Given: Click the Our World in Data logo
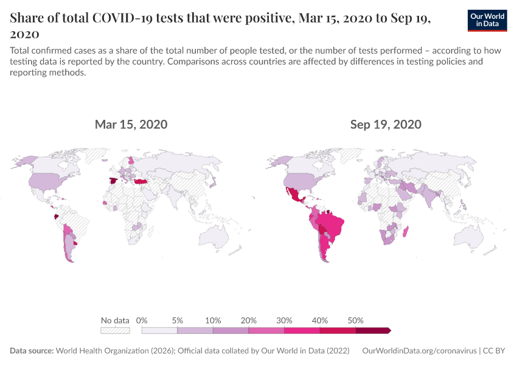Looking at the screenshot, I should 488,20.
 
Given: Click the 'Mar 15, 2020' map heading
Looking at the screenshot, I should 131,125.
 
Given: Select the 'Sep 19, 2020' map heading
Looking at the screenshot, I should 386,125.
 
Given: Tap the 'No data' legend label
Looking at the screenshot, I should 115,321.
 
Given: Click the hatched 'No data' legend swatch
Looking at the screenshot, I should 115,330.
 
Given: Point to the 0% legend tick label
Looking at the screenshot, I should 142,321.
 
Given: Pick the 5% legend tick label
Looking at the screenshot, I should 178,321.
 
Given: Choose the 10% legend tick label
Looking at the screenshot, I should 213,321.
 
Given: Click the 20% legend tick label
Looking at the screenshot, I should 249,321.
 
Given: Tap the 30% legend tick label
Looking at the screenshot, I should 284,321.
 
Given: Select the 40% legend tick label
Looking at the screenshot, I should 320,321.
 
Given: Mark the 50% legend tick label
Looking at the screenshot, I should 355,321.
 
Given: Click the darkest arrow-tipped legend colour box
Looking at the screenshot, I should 372,330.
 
